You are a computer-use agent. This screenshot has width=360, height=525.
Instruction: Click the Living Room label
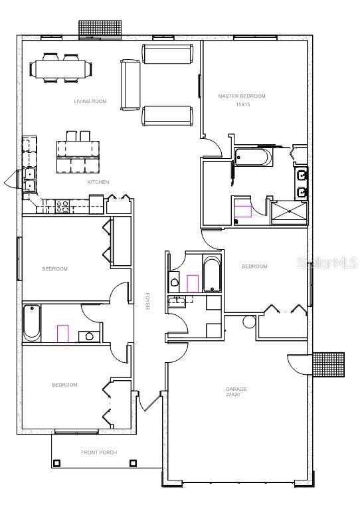90,101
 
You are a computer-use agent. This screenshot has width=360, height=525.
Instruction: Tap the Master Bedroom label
242,96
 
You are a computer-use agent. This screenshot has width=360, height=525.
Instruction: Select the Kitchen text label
98,182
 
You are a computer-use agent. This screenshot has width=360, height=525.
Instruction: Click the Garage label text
236,389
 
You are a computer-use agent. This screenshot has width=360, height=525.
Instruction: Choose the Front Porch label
99,453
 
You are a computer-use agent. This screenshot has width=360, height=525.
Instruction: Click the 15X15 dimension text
242,105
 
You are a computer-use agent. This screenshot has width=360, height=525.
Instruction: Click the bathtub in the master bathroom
253,157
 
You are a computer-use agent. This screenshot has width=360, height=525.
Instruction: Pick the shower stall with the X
290,213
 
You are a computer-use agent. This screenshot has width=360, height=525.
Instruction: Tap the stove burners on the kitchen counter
62,207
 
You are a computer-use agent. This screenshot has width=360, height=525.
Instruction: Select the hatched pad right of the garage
329,364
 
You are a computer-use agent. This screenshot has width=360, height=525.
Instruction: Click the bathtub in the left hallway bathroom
32,323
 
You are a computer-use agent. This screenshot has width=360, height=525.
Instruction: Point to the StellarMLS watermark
327,263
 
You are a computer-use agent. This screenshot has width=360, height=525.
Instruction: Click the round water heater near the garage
249,322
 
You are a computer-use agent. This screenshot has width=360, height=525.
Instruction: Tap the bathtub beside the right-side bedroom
211,274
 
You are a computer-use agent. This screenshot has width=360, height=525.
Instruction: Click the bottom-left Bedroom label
64,385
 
